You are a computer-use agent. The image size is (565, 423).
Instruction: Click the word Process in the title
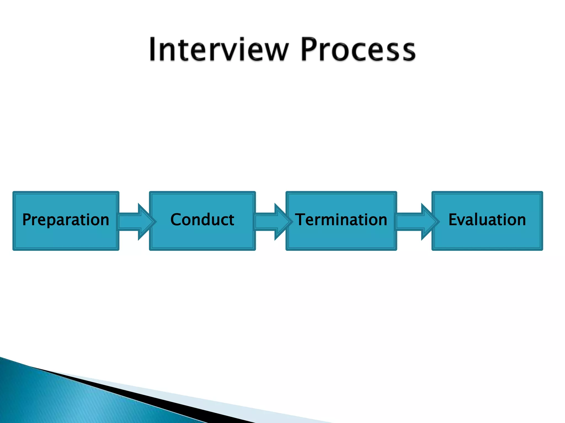[x=358, y=50]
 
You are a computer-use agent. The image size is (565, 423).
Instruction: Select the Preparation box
[x=66, y=221]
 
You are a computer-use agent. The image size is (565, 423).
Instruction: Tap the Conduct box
[x=202, y=221]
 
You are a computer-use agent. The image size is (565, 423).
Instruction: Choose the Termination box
[x=341, y=221]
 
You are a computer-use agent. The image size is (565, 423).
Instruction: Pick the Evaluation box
[x=487, y=221]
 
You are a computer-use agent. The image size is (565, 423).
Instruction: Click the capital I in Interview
[x=153, y=50]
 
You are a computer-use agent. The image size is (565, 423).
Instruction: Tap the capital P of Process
[x=311, y=50]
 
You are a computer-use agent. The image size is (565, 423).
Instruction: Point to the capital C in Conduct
[x=176, y=219]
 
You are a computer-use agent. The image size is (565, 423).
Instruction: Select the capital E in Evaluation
[x=453, y=219]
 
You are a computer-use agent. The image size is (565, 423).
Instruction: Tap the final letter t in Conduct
[x=231, y=220]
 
